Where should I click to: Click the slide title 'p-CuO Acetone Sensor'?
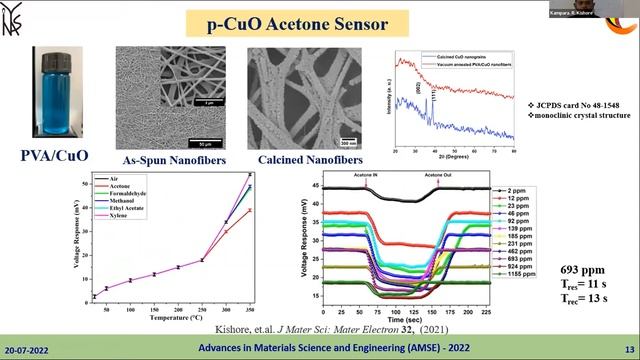pyautogui.click(x=319, y=21)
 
